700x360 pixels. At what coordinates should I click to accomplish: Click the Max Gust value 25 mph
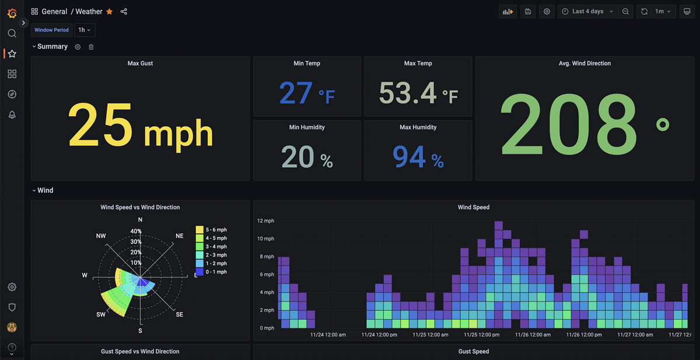tap(140, 125)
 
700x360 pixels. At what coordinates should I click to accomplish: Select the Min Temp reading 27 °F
tap(307, 93)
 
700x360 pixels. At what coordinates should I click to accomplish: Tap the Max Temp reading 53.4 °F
tap(418, 93)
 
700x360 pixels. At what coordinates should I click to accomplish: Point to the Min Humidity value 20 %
tap(307, 157)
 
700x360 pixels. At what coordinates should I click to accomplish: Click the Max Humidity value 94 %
tap(418, 157)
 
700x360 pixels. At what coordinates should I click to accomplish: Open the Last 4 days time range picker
tap(587, 12)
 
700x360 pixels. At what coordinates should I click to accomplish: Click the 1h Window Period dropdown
tap(85, 30)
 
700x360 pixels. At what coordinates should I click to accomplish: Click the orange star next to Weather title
tap(110, 12)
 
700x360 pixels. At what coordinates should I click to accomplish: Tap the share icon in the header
tap(124, 12)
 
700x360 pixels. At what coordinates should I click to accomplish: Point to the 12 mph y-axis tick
tap(265, 221)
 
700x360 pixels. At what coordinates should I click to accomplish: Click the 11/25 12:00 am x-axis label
tap(430, 335)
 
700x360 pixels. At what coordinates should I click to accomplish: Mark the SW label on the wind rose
tap(101, 314)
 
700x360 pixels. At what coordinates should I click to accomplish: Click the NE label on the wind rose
tap(180, 236)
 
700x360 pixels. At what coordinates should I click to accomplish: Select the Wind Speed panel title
tap(473, 207)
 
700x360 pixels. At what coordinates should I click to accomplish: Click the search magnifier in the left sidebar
tap(12, 33)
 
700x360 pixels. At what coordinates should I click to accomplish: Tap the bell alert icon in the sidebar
tap(12, 115)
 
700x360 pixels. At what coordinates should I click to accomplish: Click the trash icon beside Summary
tap(91, 47)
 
